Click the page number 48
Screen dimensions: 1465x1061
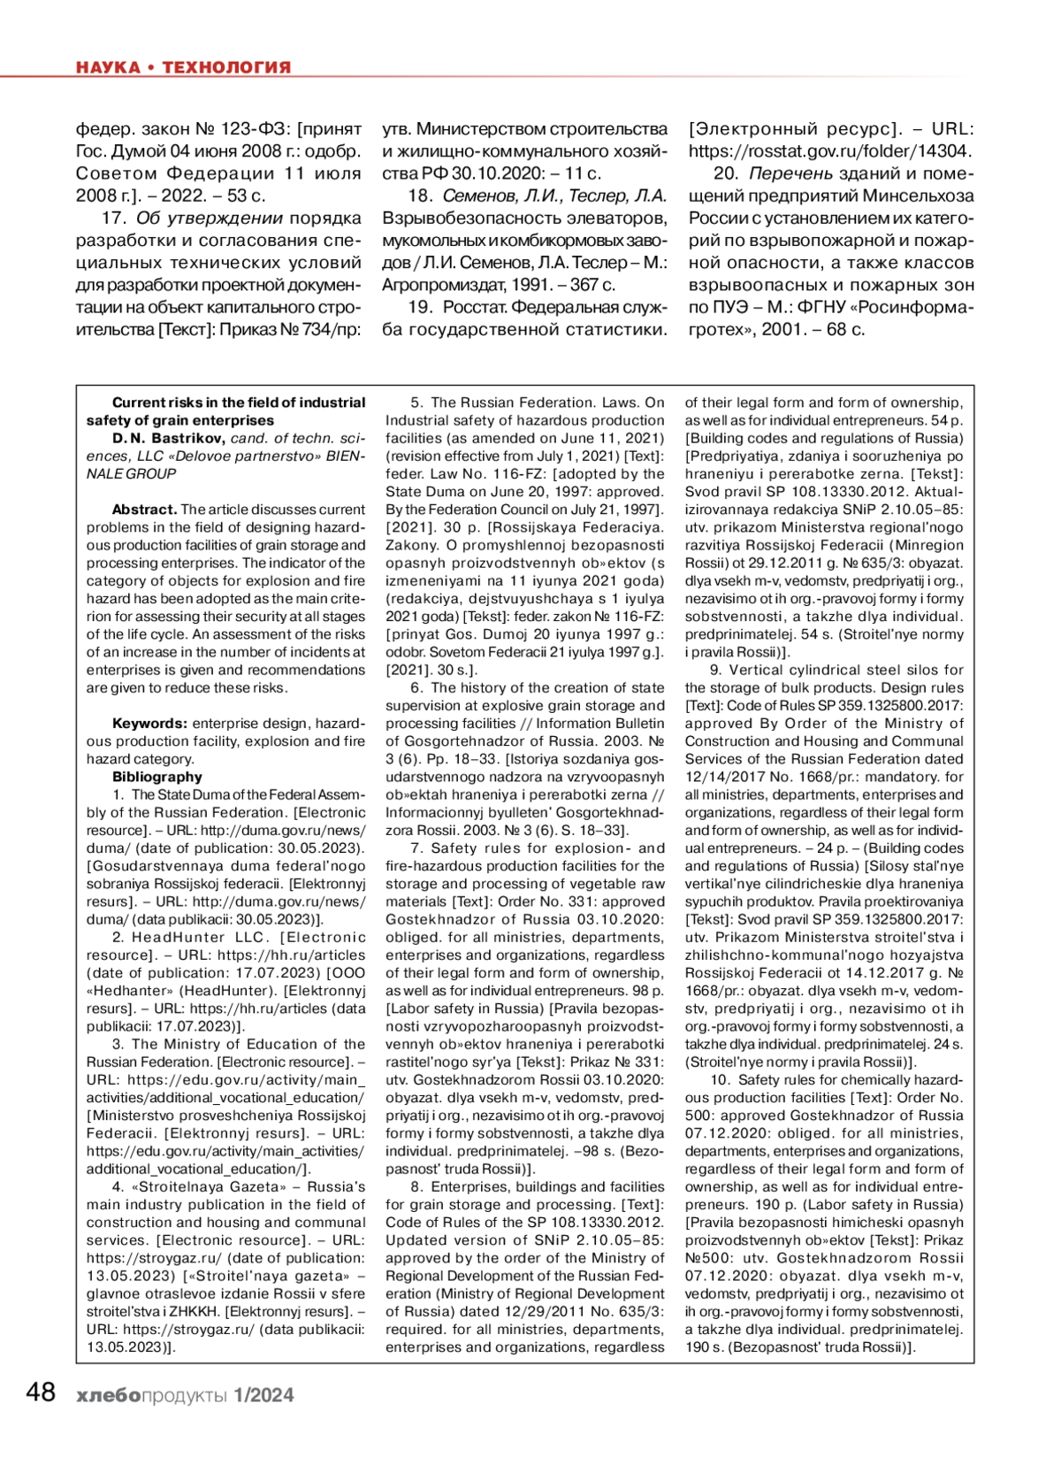tap(41, 1393)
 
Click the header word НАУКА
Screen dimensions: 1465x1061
tap(108, 67)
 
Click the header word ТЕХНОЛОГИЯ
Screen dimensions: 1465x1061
tap(226, 67)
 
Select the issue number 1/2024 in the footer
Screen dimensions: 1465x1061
tap(263, 1395)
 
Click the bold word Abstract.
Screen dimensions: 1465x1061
tap(144, 510)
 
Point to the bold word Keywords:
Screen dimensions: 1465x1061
tap(149, 724)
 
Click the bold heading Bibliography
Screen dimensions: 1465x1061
tap(157, 777)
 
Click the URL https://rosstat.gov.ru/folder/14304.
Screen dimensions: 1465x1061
tap(831, 151)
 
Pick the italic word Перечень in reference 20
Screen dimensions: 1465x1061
tap(790, 173)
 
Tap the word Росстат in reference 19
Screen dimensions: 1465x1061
tap(475, 307)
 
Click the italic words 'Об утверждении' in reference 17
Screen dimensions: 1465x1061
tap(209, 218)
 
